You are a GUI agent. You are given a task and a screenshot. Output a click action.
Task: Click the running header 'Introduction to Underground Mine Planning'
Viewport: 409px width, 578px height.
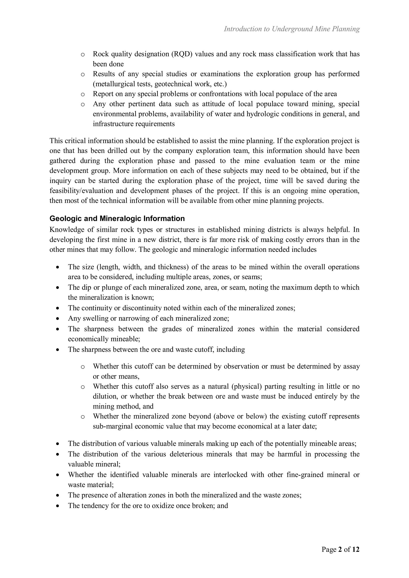tap(292, 29)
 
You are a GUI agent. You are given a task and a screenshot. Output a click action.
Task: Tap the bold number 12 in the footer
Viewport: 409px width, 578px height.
tap(355, 549)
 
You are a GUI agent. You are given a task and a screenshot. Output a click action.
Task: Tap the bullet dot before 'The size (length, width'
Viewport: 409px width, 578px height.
tap(58, 267)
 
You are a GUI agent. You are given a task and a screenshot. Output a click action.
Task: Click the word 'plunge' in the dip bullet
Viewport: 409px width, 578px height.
tap(112, 287)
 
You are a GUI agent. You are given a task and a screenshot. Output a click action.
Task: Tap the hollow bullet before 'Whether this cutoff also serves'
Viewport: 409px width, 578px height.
tap(82, 387)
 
